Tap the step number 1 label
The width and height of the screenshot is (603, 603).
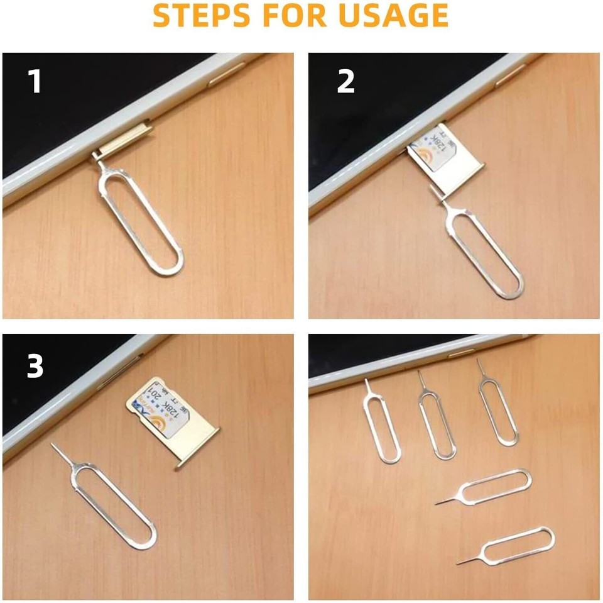[35, 82]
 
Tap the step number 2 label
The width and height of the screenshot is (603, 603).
[345, 82]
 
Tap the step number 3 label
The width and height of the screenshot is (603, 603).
[35, 367]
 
